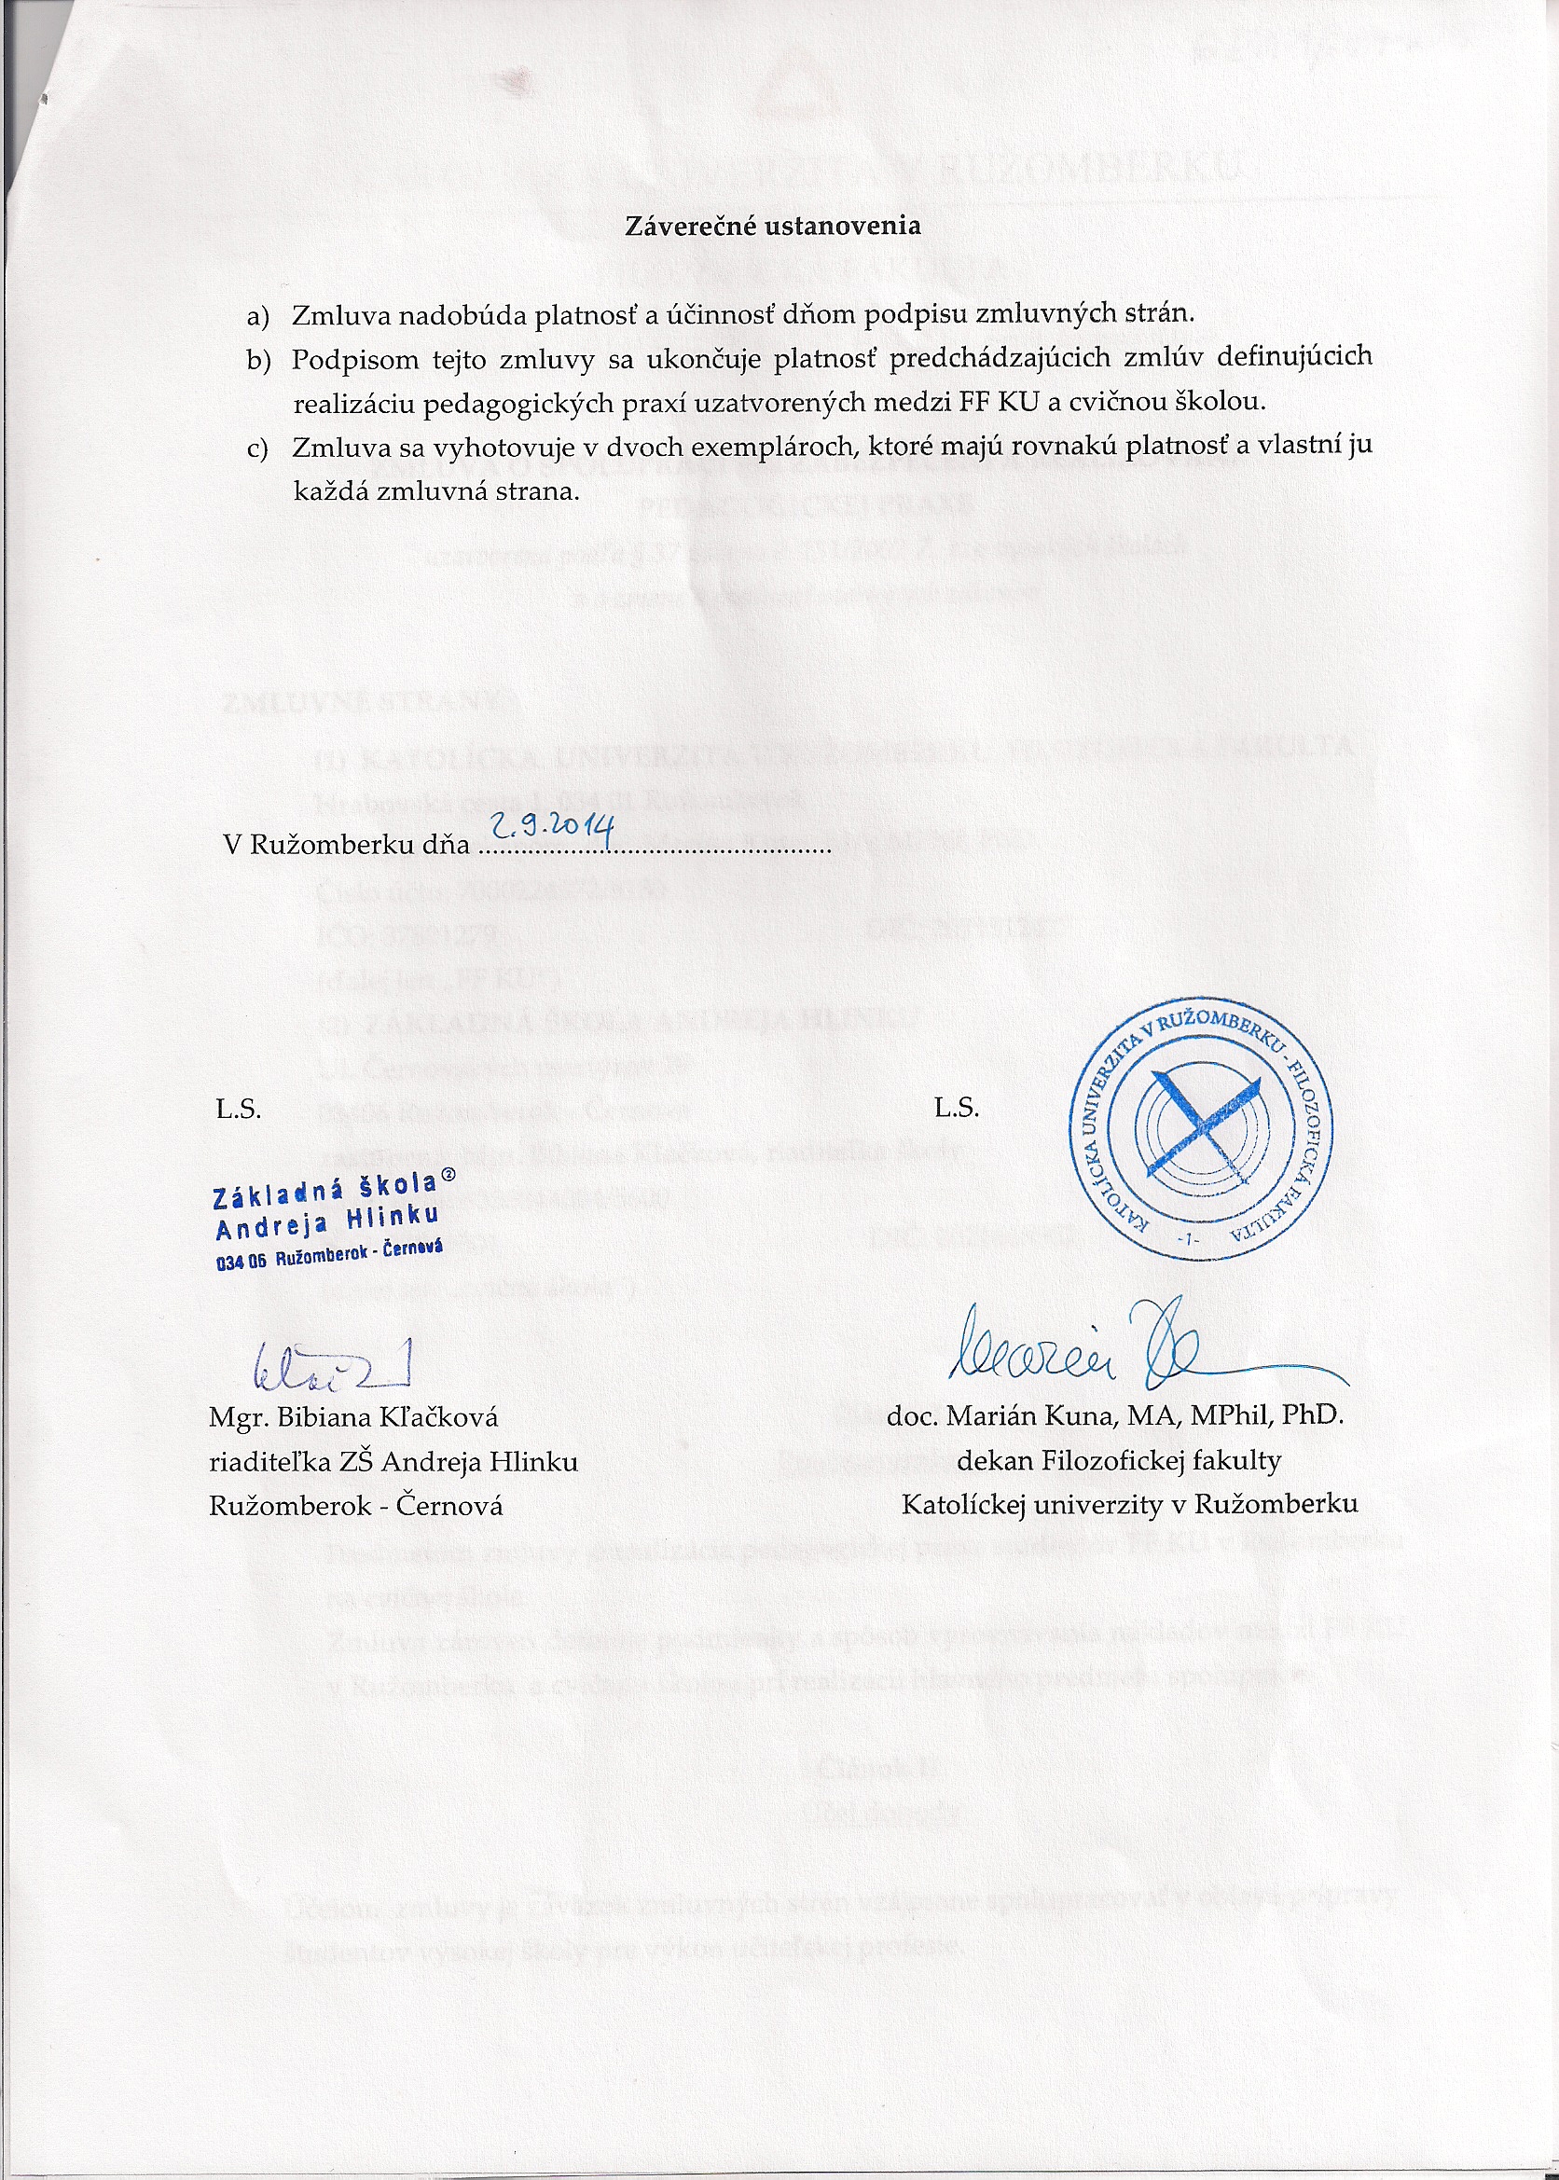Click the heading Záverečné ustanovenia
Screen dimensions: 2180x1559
tap(773, 226)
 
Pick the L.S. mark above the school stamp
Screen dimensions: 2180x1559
tap(239, 1109)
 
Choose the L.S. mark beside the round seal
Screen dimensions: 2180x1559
tap(956, 1109)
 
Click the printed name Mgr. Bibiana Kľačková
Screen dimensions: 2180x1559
tap(353, 1418)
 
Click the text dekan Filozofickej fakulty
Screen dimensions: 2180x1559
tap(1118, 1461)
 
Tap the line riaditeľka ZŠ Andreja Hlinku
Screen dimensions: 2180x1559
tap(393, 1462)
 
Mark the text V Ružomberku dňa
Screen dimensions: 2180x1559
tap(347, 845)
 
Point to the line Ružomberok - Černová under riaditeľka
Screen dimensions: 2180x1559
tap(356, 1506)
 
